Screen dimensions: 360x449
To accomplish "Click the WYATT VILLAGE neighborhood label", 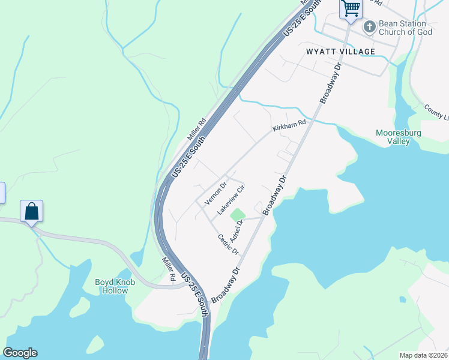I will tap(340, 52).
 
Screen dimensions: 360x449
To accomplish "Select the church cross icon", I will tap(369, 26).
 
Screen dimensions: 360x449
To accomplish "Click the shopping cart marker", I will tap(351, 9).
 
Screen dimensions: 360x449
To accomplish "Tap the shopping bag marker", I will tap(31, 211).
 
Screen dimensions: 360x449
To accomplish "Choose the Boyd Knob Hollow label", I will tap(112, 286).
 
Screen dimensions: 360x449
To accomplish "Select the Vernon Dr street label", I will tap(215, 193).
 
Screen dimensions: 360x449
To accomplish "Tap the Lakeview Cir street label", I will tap(232, 200).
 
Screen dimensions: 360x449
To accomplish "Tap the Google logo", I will tap(20, 353).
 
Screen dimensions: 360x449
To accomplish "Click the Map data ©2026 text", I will tap(423, 355).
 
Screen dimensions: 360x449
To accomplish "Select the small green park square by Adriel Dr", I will tap(238, 214).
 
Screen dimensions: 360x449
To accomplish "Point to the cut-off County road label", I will tap(436, 111).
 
